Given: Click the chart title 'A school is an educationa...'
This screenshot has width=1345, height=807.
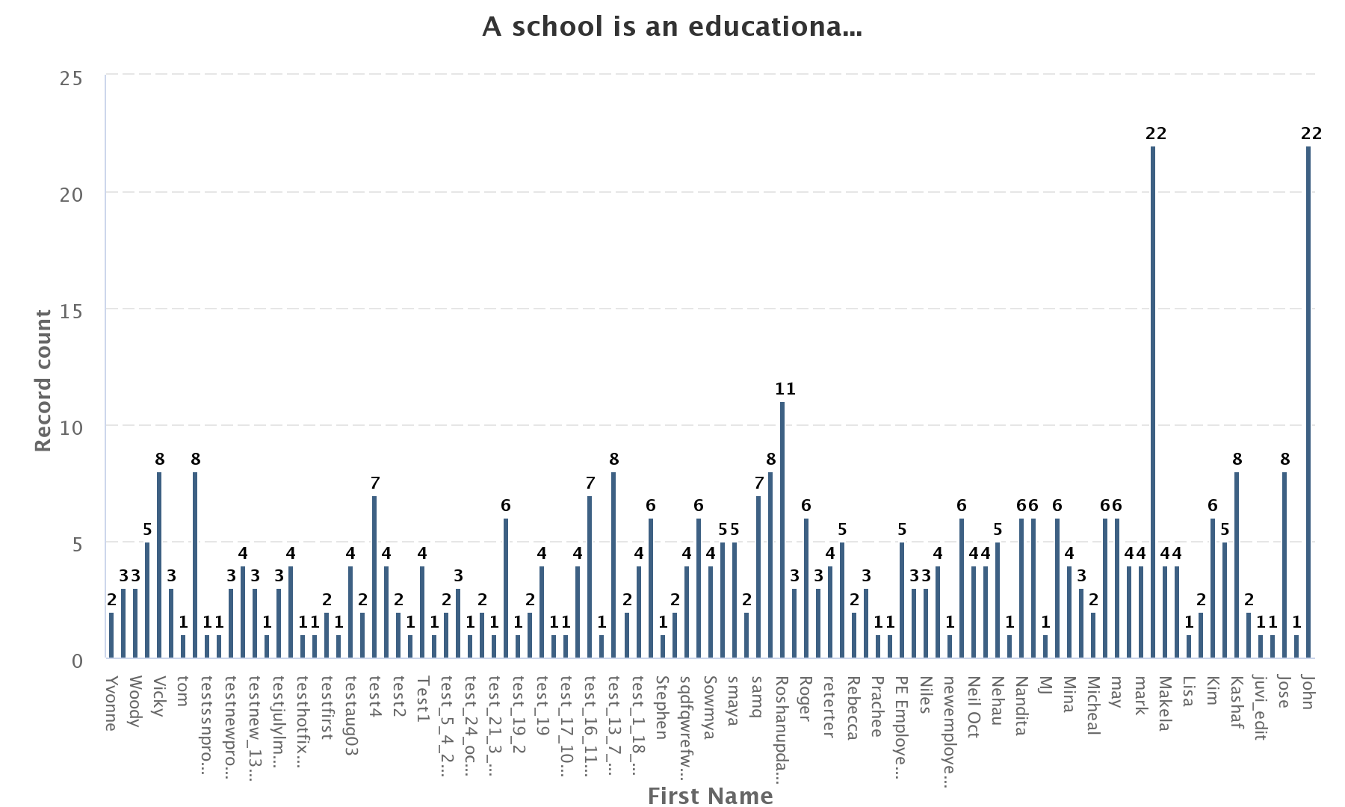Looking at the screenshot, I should click(x=672, y=27).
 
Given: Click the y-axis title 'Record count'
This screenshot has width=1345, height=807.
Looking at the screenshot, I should click(x=43, y=380).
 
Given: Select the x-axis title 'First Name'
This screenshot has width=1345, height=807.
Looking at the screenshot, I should click(x=710, y=796).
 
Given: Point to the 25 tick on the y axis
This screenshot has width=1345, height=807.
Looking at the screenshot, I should click(x=71, y=78).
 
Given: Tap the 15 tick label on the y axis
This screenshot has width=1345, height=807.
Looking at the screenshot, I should click(x=71, y=311).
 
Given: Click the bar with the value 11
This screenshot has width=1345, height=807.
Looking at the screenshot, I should click(x=782, y=530).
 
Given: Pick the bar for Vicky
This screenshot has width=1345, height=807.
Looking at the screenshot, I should click(x=159, y=565).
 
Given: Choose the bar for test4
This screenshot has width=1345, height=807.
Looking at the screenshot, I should click(x=374, y=577).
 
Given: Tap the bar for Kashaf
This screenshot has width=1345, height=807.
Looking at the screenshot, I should click(x=1237, y=565).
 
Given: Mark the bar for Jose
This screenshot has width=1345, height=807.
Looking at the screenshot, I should click(x=1284, y=565).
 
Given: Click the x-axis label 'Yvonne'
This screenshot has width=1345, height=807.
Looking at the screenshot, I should click(x=111, y=703).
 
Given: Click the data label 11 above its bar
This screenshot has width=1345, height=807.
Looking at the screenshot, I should click(x=785, y=389).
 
